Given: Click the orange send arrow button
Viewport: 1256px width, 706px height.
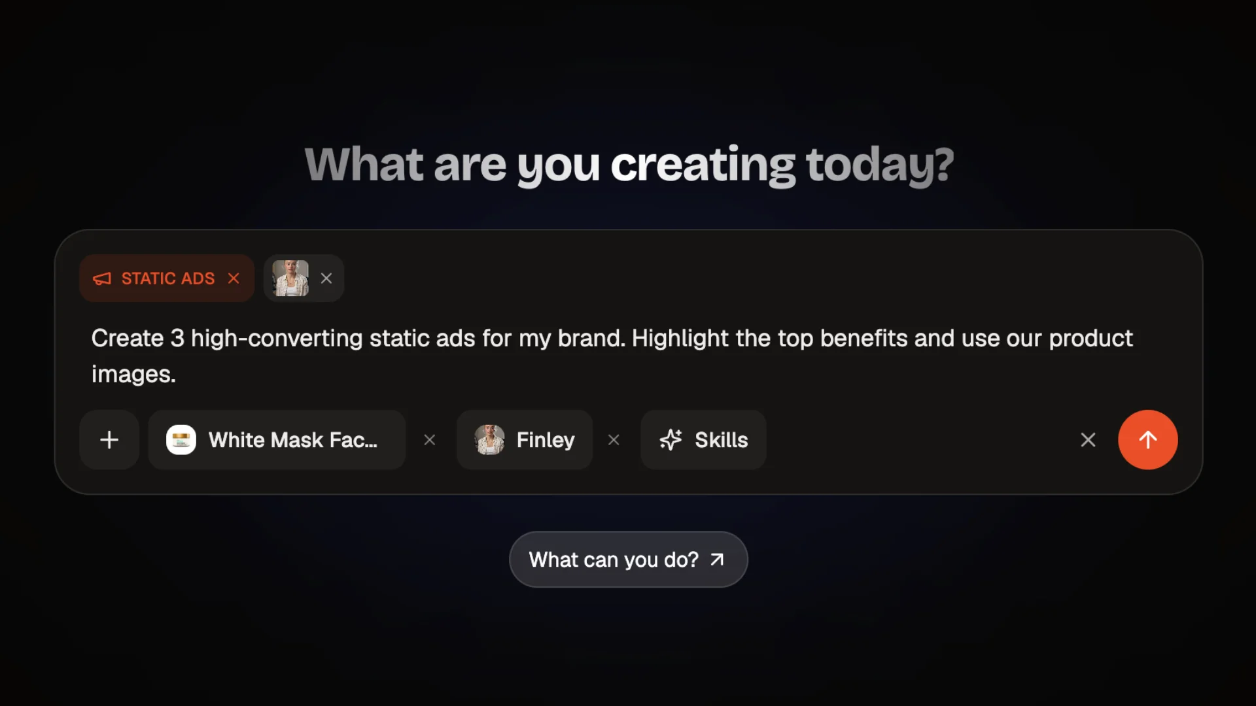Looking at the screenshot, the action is (1147, 440).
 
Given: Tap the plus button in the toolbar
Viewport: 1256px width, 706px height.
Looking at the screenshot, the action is (109, 440).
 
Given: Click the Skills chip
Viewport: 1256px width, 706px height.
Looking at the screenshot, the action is (703, 440).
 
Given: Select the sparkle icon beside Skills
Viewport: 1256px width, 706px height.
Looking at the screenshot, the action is (671, 440).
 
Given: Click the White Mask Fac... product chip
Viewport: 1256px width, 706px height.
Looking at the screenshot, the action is (277, 440).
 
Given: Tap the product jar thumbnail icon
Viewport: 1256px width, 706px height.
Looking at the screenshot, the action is (181, 440).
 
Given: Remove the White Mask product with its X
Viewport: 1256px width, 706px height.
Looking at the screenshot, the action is (430, 440).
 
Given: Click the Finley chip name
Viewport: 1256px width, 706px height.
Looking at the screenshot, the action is (546, 440).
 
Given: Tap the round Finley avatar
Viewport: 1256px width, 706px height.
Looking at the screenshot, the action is (489, 440).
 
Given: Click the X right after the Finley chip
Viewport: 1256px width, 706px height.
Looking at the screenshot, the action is (614, 440).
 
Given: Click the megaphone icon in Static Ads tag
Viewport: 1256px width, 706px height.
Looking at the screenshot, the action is (102, 278).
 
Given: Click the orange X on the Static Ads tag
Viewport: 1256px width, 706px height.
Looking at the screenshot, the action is (234, 278).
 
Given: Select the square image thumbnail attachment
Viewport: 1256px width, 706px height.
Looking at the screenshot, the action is (290, 278).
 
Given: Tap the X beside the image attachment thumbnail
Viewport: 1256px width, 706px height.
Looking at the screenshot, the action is (326, 278).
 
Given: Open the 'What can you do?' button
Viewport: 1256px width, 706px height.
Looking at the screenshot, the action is (628, 560).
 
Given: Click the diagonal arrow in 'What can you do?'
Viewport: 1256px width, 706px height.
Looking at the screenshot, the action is (717, 560).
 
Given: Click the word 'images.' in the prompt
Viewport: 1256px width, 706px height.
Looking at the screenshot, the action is (133, 375).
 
